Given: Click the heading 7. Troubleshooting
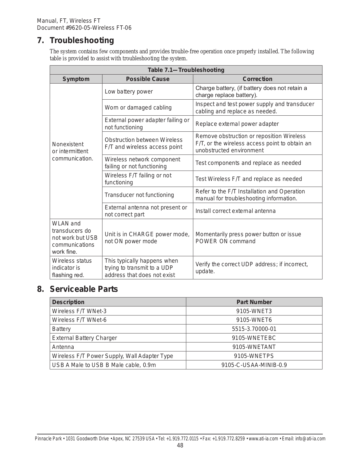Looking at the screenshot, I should [75, 40].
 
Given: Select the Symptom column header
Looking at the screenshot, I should [76, 79].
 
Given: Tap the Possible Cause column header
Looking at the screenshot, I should [148, 79].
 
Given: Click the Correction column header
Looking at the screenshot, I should [258, 79].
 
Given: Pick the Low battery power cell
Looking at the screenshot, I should [129, 92].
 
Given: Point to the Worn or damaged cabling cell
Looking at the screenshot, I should [138, 108].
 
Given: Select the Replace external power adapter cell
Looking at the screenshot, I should [237, 124].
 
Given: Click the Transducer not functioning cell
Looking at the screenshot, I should [139, 195].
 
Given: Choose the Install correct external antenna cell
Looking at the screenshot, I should [235, 211].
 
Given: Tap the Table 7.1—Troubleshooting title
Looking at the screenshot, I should [186, 70].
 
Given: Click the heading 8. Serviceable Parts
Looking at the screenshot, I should [77, 289].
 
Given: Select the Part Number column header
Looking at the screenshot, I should [254, 302].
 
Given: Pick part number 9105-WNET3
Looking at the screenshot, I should [254, 311].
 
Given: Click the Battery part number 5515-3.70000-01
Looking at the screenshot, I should [254, 329].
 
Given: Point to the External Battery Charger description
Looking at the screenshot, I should [84, 338].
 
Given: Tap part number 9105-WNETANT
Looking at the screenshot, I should [254, 347].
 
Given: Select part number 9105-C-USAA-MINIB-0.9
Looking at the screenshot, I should [254, 365].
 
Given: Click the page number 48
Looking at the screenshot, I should [180, 445].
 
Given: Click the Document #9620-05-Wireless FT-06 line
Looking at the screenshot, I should [84, 28].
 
